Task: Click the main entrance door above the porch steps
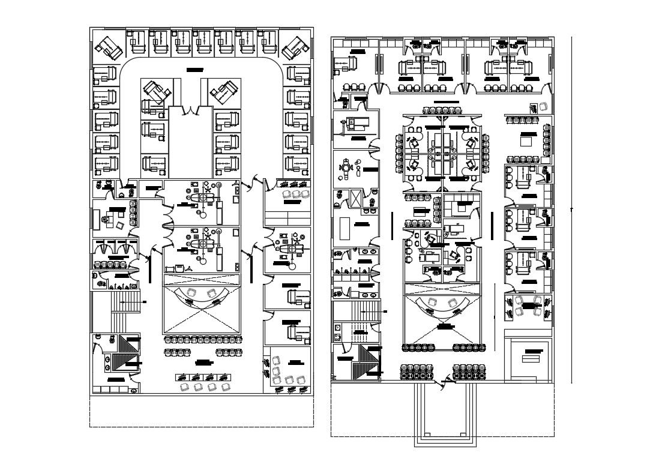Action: coord(445,381)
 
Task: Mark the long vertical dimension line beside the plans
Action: coord(571,210)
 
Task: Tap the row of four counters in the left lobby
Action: coord(203,377)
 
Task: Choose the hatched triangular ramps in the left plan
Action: coord(126,354)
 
